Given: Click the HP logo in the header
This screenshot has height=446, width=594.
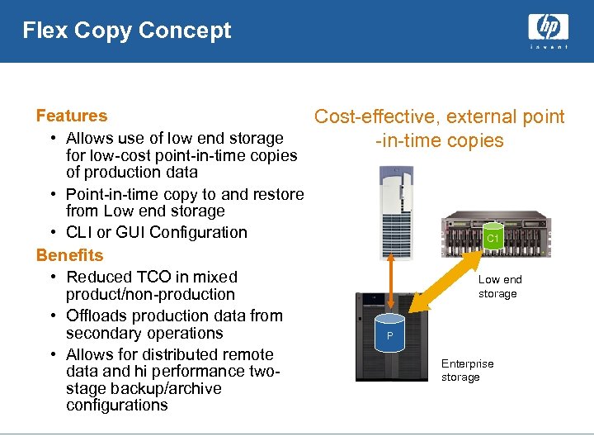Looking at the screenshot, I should pos(548,28).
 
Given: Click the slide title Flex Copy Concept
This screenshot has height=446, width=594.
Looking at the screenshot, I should pos(127,31).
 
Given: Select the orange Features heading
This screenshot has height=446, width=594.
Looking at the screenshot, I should pos(72,116).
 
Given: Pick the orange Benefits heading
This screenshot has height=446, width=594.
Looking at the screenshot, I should pos(69,255).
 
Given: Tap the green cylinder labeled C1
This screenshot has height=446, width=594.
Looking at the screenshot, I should pos(493,236).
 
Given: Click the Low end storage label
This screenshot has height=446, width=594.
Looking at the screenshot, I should pos(499,287).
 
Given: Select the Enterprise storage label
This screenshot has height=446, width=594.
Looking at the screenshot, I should pos(467,370).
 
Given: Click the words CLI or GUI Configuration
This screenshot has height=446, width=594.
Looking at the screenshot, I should pos(157,232).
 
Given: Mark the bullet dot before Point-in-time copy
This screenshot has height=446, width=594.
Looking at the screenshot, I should pos(52,194).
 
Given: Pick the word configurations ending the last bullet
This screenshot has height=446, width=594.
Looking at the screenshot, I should pos(116,406).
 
